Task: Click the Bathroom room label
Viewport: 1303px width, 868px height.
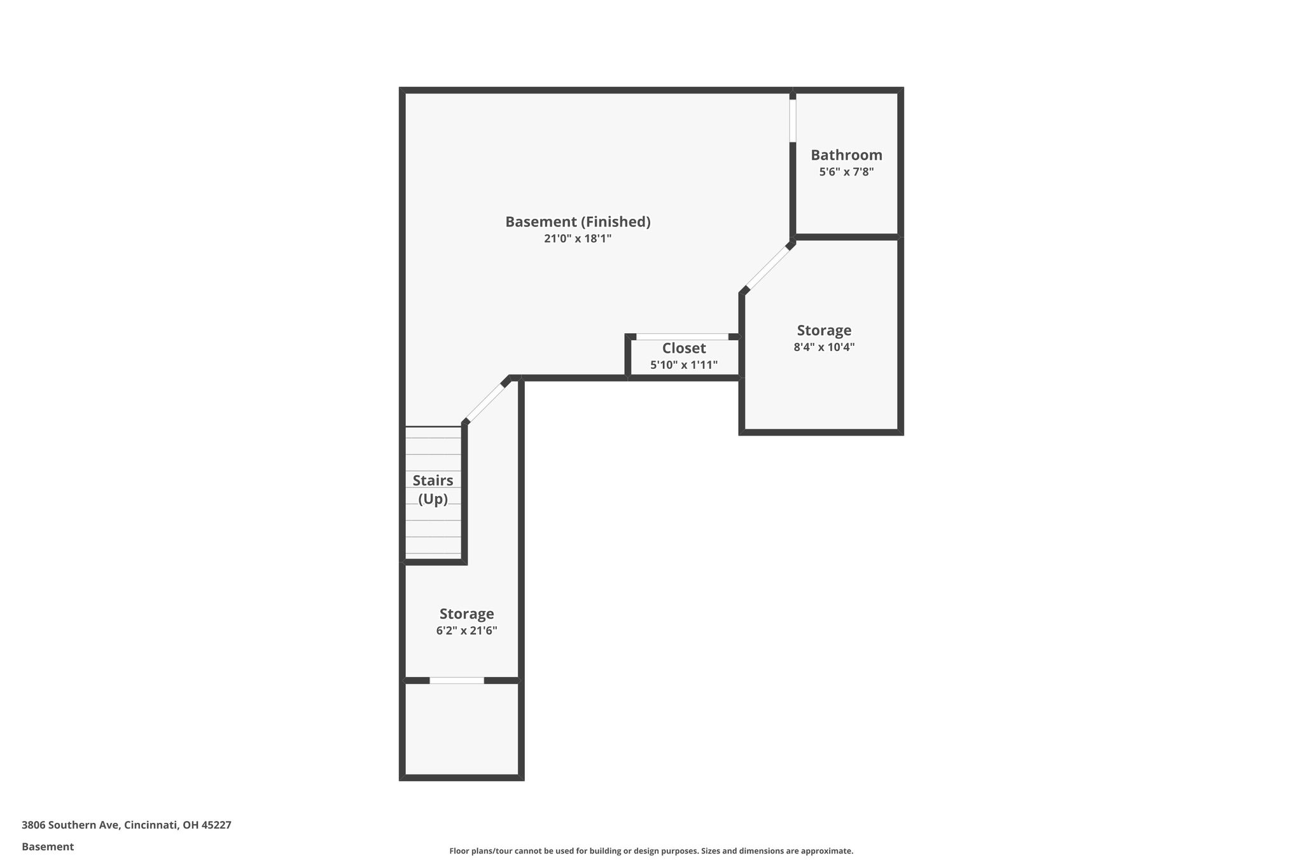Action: [846, 155]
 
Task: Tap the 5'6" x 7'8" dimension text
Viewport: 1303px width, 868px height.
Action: [846, 172]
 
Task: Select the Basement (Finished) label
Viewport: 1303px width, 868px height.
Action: [578, 222]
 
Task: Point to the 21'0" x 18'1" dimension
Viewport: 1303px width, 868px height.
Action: [578, 238]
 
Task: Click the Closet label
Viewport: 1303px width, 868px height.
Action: [684, 348]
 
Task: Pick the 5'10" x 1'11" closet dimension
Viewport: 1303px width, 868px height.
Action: [684, 365]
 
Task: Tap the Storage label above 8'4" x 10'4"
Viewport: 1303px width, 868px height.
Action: [824, 331]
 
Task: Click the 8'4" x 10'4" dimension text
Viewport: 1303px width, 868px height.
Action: [824, 347]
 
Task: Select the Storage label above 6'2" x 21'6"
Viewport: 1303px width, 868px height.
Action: [466, 614]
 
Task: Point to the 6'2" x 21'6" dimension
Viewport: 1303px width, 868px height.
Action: [466, 631]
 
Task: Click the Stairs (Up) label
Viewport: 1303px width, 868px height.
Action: [433, 490]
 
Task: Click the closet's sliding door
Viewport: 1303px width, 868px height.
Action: [682, 336]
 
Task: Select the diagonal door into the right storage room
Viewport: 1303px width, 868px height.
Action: [768, 268]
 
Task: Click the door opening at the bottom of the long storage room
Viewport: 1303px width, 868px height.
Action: [457, 680]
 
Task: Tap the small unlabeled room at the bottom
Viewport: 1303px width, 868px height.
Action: [462, 729]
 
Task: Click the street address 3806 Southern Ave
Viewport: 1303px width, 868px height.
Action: [70, 825]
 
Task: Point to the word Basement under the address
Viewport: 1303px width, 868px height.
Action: [48, 846]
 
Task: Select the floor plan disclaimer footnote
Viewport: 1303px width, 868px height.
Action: [651, 851]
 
